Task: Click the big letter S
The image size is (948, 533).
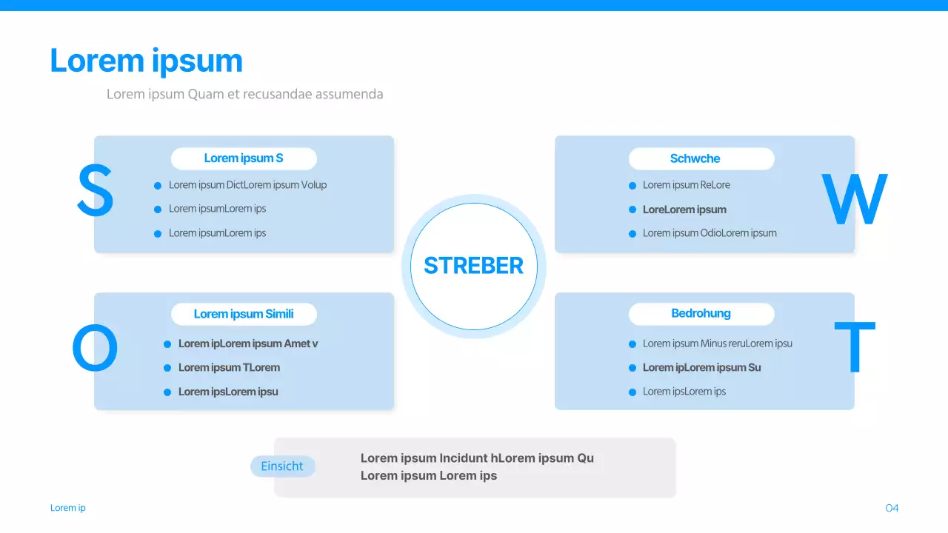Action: tap(96, 190)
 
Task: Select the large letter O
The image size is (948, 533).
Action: tap(95, 348)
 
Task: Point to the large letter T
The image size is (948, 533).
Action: tap(855, 347)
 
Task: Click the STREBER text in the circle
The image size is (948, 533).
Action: tap(473, 266)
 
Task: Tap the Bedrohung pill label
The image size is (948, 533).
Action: tap(701, 313)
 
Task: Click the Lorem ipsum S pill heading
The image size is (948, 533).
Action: tap(244, 158)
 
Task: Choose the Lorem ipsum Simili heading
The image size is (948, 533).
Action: tap(244, 314)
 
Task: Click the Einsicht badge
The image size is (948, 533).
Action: tap(282, 466)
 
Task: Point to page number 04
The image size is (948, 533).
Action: tap(892, 508)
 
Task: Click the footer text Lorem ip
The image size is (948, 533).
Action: tap(67, 508)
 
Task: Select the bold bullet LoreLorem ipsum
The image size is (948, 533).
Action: tap(684, 209)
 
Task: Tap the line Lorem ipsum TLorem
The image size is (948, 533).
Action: tap(229, 368)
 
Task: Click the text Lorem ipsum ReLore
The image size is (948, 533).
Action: tap(686, 185)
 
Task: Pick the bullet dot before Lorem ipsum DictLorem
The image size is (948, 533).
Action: tap(158, 186)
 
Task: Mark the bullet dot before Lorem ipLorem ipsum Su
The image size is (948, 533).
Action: tap(632, 368)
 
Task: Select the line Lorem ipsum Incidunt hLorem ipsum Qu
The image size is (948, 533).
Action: tap(477, 458)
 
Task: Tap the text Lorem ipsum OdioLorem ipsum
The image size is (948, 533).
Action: tap(710, 233)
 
